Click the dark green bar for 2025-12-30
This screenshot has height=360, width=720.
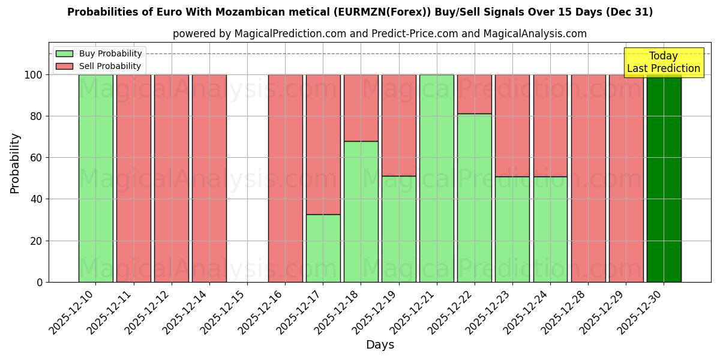(664, 178)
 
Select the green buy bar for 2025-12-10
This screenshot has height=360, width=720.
(95, 178)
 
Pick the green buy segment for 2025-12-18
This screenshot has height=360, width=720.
(361, 211)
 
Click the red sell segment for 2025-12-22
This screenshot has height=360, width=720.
(474, 94)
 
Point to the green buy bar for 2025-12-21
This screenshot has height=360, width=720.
(436, 178)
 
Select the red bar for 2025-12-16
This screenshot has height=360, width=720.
(285, 178)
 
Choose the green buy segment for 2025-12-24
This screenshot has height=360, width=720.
(550, 229)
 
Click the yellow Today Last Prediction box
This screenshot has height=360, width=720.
(663, 62)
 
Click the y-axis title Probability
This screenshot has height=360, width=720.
(15, 163)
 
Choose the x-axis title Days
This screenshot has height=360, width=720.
(380, 345)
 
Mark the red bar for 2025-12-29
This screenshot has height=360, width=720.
(626, 178)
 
